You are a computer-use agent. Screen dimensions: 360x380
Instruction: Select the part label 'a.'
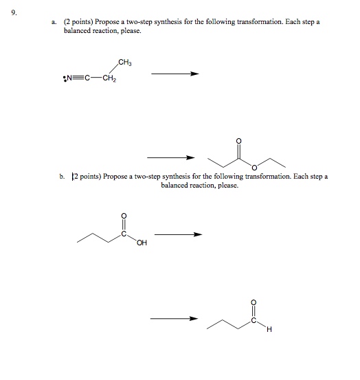click(x=53, y=22)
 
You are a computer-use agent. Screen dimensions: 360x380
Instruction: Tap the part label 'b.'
click(x=62, y=177)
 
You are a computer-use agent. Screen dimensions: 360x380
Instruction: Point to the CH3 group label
click(x=125, y=63)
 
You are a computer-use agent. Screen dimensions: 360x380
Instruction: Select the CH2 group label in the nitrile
click(x=109, y=78)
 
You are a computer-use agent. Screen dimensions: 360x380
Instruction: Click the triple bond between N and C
click(x=76, y=77)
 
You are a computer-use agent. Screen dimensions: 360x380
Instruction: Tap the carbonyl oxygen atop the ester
click(x=238, y=142)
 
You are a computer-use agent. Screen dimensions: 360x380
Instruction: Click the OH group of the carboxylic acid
click(x=142, y=242)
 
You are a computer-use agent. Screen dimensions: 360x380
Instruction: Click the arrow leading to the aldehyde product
click(x=175, y=318)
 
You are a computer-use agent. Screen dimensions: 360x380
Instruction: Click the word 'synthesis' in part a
click(x=177, y=22)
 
